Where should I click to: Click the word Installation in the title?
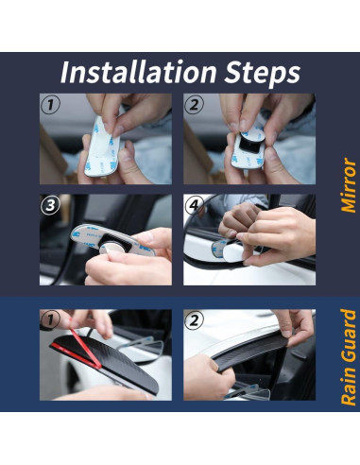click(138, 72)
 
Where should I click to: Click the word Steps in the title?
click(262, 74)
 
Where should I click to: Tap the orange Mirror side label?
click(349, 185)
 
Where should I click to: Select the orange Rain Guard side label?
click(349, 357)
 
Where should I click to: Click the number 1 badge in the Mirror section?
click(50, 104)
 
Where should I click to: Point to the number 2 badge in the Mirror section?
click(194, 104)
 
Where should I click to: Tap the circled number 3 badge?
click(50, 205)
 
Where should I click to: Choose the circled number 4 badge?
click(194, 205)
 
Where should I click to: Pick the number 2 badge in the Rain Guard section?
click(194, 320)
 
